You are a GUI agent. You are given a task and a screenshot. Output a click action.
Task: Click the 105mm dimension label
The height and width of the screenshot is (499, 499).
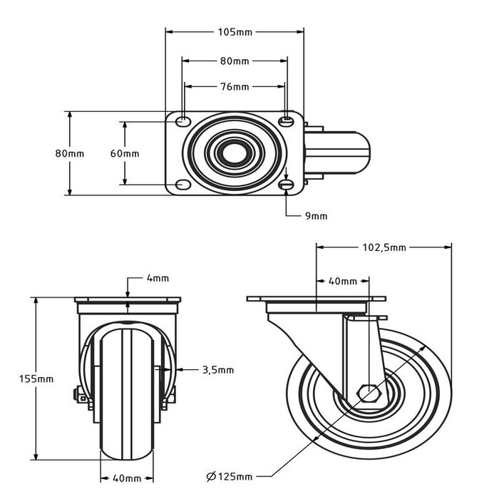[235, 31]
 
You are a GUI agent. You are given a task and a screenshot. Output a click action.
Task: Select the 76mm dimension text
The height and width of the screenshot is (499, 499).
[235, 87]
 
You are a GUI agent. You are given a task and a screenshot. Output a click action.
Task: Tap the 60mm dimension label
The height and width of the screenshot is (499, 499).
[125, 153]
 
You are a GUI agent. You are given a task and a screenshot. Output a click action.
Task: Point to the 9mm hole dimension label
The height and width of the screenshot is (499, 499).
[316, 215]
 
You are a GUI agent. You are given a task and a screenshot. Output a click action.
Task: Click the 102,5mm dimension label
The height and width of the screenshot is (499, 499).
[384, 247]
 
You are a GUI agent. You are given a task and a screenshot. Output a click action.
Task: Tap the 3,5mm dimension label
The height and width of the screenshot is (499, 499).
[218, 369]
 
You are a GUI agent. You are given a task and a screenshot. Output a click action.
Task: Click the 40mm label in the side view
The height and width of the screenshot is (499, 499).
[343, 281]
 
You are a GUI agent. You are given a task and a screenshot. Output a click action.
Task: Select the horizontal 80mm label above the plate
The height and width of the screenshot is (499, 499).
[235, 61]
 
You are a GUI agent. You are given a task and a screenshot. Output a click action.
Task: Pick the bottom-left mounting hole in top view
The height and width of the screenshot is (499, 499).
[183, 185]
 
